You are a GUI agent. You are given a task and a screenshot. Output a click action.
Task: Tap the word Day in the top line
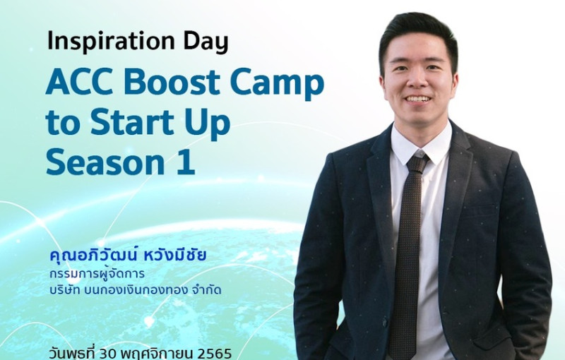click(x=206, y=42)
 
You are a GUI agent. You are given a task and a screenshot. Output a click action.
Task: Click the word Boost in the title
click(x=172, y=82)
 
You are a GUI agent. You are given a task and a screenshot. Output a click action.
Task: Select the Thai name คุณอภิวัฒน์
click(x=94, y=256)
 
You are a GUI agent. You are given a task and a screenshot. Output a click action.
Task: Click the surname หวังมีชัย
click(x=175, y=256)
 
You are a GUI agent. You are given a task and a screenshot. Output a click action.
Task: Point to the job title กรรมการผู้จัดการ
click(x=97, y=274)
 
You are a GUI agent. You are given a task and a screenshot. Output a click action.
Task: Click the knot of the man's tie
click(x=417, y=163)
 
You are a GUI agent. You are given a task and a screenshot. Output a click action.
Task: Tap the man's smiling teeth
click(x=417, y=98)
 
